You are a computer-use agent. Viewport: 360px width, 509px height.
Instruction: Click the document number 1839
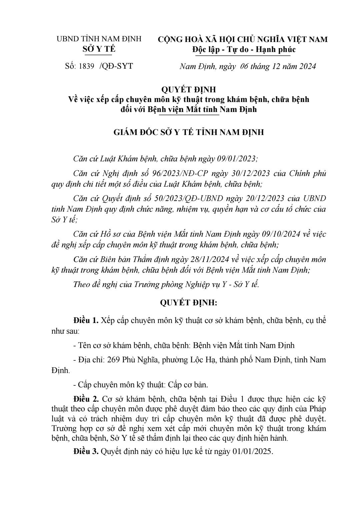tap(86, 66)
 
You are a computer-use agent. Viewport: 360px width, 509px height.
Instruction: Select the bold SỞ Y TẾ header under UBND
tap(99, 49)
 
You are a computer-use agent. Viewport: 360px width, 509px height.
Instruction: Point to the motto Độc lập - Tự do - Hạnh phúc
tap(244, 49)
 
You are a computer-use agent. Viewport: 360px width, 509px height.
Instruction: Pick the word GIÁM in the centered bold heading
tap(126, 132)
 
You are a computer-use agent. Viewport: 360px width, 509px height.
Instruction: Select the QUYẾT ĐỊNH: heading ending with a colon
tap(189, 303)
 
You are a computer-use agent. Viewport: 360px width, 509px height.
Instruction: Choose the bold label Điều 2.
tap(86, 399)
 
